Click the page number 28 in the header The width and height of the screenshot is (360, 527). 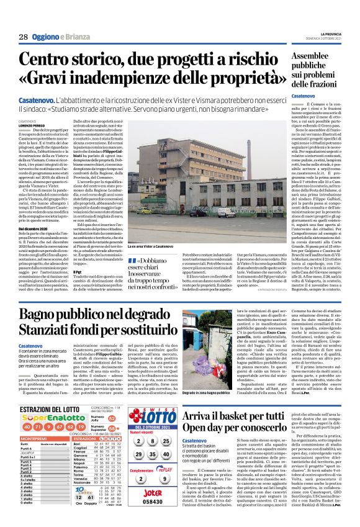point(23,37)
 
